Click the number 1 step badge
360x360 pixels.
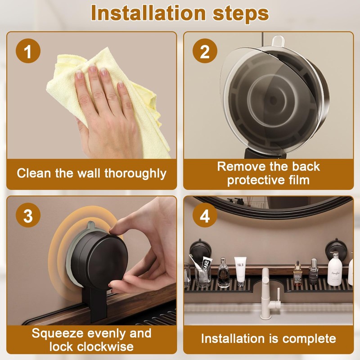pyautogui.click(x=28, y=51)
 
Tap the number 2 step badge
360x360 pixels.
pyautogui.click(x=205, y=51)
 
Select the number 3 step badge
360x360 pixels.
pyautogui.click(x=28, y=215)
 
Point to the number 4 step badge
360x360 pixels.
pyautogui.click(x=205, y=215)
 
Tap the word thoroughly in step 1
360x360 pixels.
pyautogui.click(x=135, y=174)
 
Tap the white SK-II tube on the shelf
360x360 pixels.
pyautogui.click(x=240, y=271)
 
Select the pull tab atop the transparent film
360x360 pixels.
pyautogui.click(x=278, y=41)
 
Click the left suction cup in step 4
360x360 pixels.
pyautogui.click(x=200, y=249)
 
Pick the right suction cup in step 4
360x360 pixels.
pyautogui.click(x=336, y=250)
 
